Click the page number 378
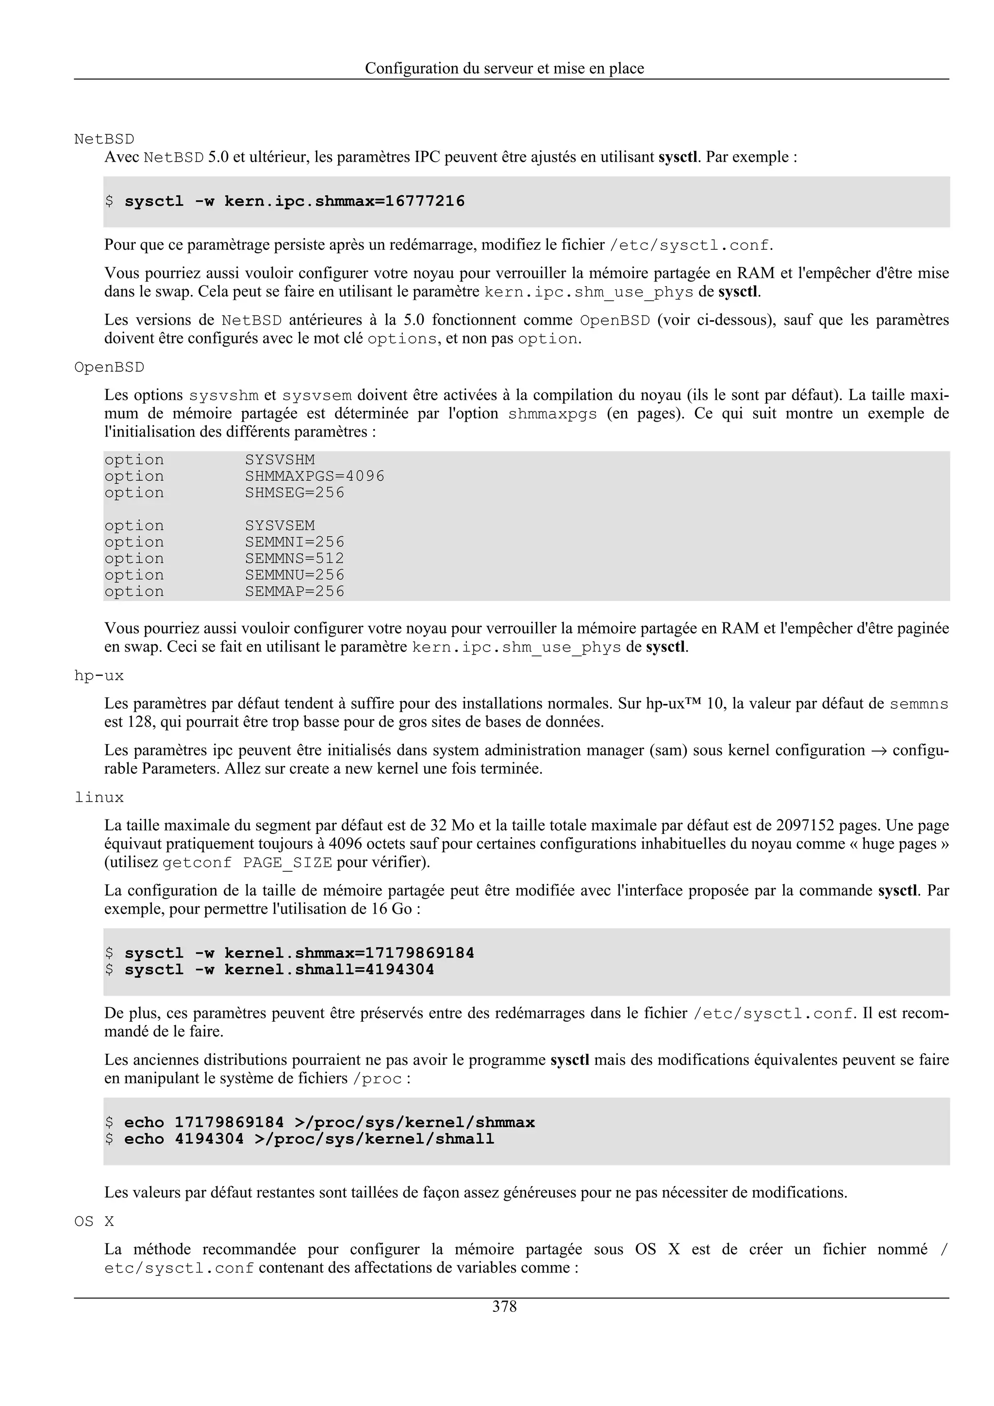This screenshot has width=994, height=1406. coord(504,1307)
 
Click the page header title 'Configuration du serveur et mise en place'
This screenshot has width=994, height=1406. coord(504,68)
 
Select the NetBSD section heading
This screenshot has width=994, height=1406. coord(104,139)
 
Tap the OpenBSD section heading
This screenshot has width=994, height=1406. coord(109,367)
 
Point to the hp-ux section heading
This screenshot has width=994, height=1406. coord(99,676)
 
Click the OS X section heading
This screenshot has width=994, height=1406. coord(94,1222)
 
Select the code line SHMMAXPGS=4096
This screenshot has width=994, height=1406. coord(315,476)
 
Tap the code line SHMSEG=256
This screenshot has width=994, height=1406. coord(295,493)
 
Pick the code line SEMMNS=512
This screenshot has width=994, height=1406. coord(295,558)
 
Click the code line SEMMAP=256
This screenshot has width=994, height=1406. coord(295,591)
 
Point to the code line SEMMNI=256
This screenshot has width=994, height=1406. coord(295,542)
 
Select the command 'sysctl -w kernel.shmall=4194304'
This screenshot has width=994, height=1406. coord(279,970)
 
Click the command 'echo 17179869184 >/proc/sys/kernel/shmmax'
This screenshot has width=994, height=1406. coord(330,1123)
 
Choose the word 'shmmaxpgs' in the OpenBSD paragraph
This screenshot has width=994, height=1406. coord(552,414)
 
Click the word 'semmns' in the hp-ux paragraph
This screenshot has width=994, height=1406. coord(919,704)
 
